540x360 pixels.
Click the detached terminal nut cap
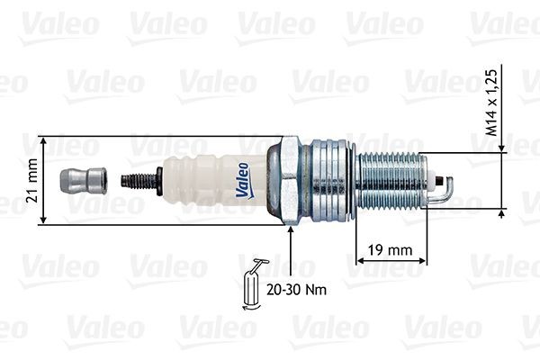[79, 181]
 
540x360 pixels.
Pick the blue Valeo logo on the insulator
[243, 179]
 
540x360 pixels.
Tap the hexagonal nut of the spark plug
[289, 181]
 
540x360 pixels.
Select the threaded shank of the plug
[392, 181]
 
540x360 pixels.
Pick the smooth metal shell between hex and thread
[332, 181]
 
